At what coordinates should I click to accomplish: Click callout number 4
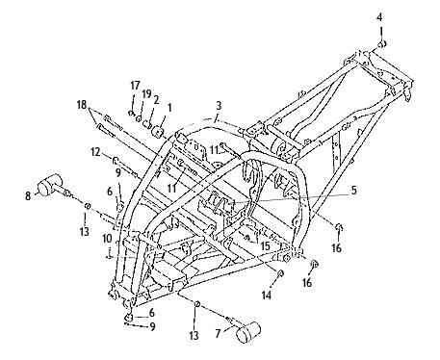[379, 17]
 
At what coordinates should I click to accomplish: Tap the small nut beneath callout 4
[381, 44]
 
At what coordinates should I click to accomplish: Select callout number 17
[135, 86]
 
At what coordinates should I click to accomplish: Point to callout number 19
[146, 94]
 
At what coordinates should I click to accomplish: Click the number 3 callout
[219, 106]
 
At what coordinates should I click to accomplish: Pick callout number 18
[82, 105]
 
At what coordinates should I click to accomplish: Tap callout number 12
[95, 152]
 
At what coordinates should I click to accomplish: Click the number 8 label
[28, 195]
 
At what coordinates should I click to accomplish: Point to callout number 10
[108, 239]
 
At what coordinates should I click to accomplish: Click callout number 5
[353, 190]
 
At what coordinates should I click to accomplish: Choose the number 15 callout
[266, 246]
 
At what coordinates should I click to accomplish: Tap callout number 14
[267, 295]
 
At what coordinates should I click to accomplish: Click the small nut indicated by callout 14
[280, 272]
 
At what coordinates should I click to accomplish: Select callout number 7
[218, 334]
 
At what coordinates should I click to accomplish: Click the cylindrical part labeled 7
[247, 331]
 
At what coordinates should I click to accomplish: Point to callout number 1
[169, 108]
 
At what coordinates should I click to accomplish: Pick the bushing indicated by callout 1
[158, 132]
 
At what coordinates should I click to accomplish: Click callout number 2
[156, 100]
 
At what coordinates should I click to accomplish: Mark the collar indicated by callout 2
[147, 124]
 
